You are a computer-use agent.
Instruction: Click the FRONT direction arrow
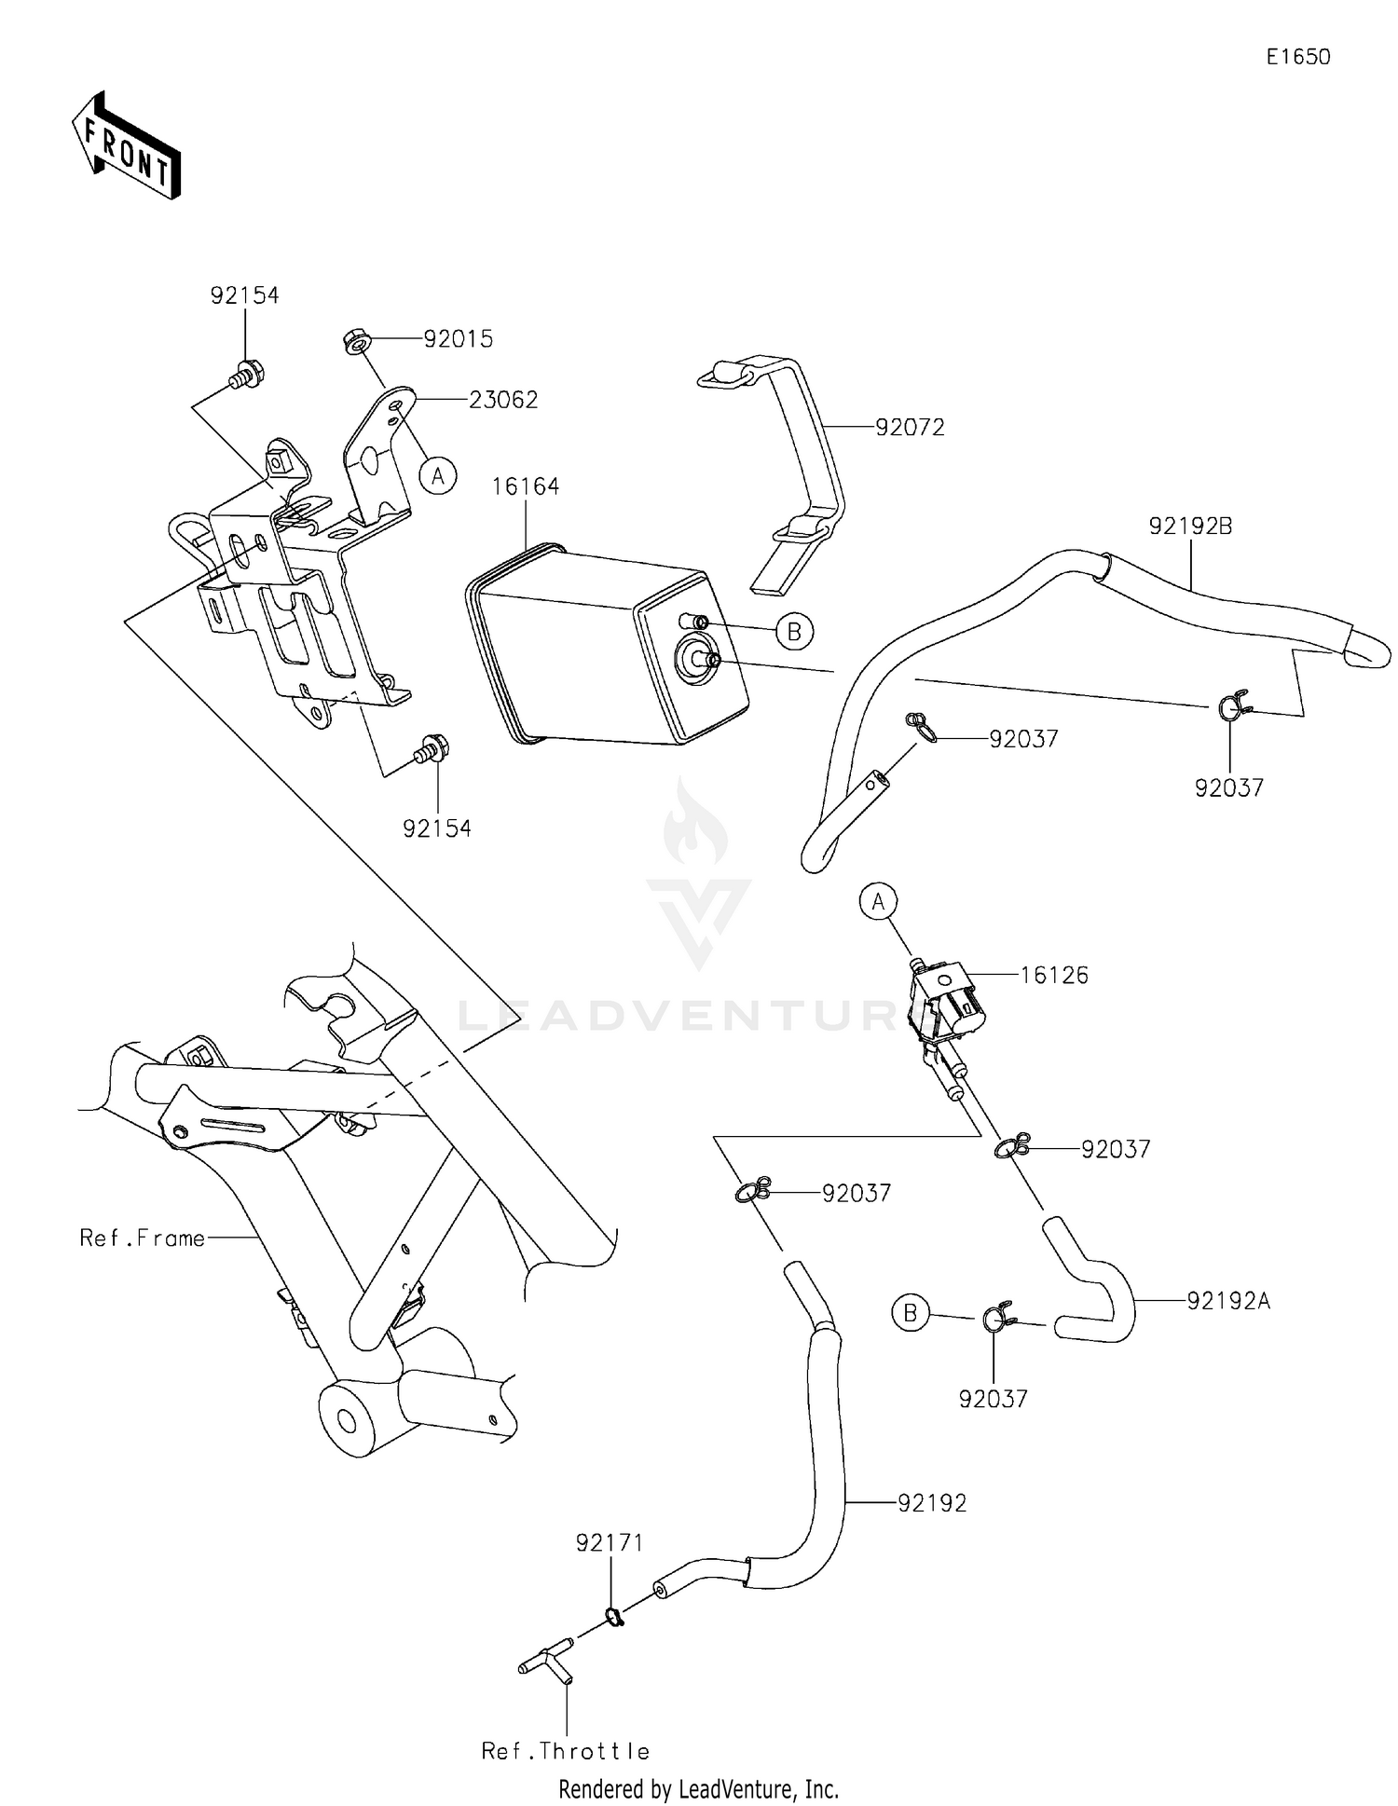(126, 146)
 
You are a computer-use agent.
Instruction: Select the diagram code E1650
(1297, 57)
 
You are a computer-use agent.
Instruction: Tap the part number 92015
(458, 339)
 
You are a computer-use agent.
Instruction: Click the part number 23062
(503, 400)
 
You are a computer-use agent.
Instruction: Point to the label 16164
(526, 486)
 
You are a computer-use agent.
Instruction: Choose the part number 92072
(910, 428)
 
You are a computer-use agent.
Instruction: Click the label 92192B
(1190, 527)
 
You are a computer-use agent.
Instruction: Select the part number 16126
(1054, 976)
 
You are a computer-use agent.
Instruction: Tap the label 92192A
(1228, 1301)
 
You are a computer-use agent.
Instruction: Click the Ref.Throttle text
(566, 1751)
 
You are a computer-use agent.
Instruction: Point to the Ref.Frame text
(142, 1238)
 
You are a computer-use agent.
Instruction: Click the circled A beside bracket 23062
(437, 476)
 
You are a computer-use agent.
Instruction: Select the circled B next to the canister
(794, 632)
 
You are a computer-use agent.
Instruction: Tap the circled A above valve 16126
(878, 901)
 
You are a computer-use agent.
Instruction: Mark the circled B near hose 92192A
(911, 1314)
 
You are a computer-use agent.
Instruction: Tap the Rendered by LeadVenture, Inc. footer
(698, 1789)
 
